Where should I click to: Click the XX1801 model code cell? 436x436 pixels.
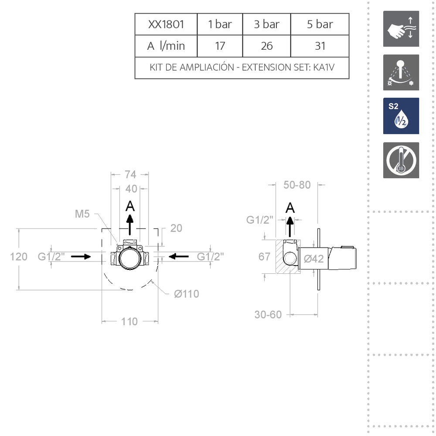166,24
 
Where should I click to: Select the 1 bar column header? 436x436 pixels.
220,24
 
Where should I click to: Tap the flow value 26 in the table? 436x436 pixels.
266,46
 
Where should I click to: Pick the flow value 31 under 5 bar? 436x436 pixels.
320,46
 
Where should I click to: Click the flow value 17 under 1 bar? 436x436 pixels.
220,46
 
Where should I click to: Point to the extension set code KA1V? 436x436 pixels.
325,68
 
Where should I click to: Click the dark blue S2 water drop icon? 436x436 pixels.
401,116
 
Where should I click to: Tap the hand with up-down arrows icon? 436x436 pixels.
401,29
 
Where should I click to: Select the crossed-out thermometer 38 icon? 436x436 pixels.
401,160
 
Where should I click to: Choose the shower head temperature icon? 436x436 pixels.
401,72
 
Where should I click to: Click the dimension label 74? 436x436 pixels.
130,174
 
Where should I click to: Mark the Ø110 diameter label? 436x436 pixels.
186,294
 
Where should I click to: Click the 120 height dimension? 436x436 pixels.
19,256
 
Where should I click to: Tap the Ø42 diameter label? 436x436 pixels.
313,259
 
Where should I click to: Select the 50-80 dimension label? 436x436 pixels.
297,185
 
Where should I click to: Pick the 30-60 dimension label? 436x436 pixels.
268,314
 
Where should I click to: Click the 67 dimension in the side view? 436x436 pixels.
265,256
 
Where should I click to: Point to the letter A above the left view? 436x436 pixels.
130,205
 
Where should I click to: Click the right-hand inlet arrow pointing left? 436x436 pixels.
179,256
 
